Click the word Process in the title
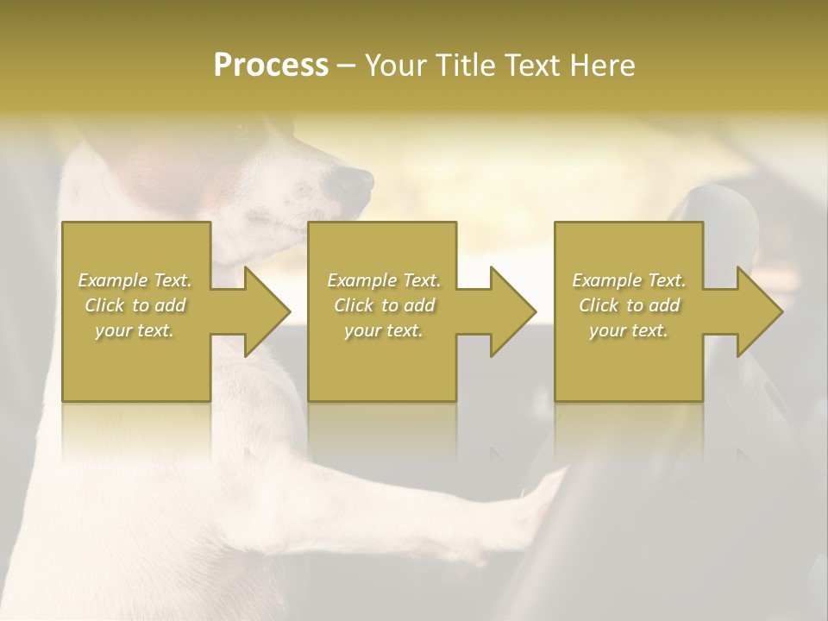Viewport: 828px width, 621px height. [x=271, y=66]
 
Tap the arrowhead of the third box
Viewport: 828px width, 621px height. [x=758, y=311]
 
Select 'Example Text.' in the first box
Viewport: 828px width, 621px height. [x=135, y=280]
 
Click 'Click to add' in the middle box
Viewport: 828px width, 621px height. [x=384, y=305]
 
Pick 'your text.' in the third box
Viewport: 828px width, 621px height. [x=629, y=330]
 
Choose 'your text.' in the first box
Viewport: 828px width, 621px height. [x=135, y=330]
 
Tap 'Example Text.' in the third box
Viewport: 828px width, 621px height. [x=629, y=280]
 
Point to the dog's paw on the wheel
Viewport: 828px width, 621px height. [x=543, y=500]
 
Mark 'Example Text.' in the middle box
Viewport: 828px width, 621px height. [x=384, y=280]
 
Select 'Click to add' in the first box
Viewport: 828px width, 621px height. [x=135, y=305]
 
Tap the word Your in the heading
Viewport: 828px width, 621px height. [x=396, y=66]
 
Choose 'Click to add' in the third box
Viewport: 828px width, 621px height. [x=629, y=305]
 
